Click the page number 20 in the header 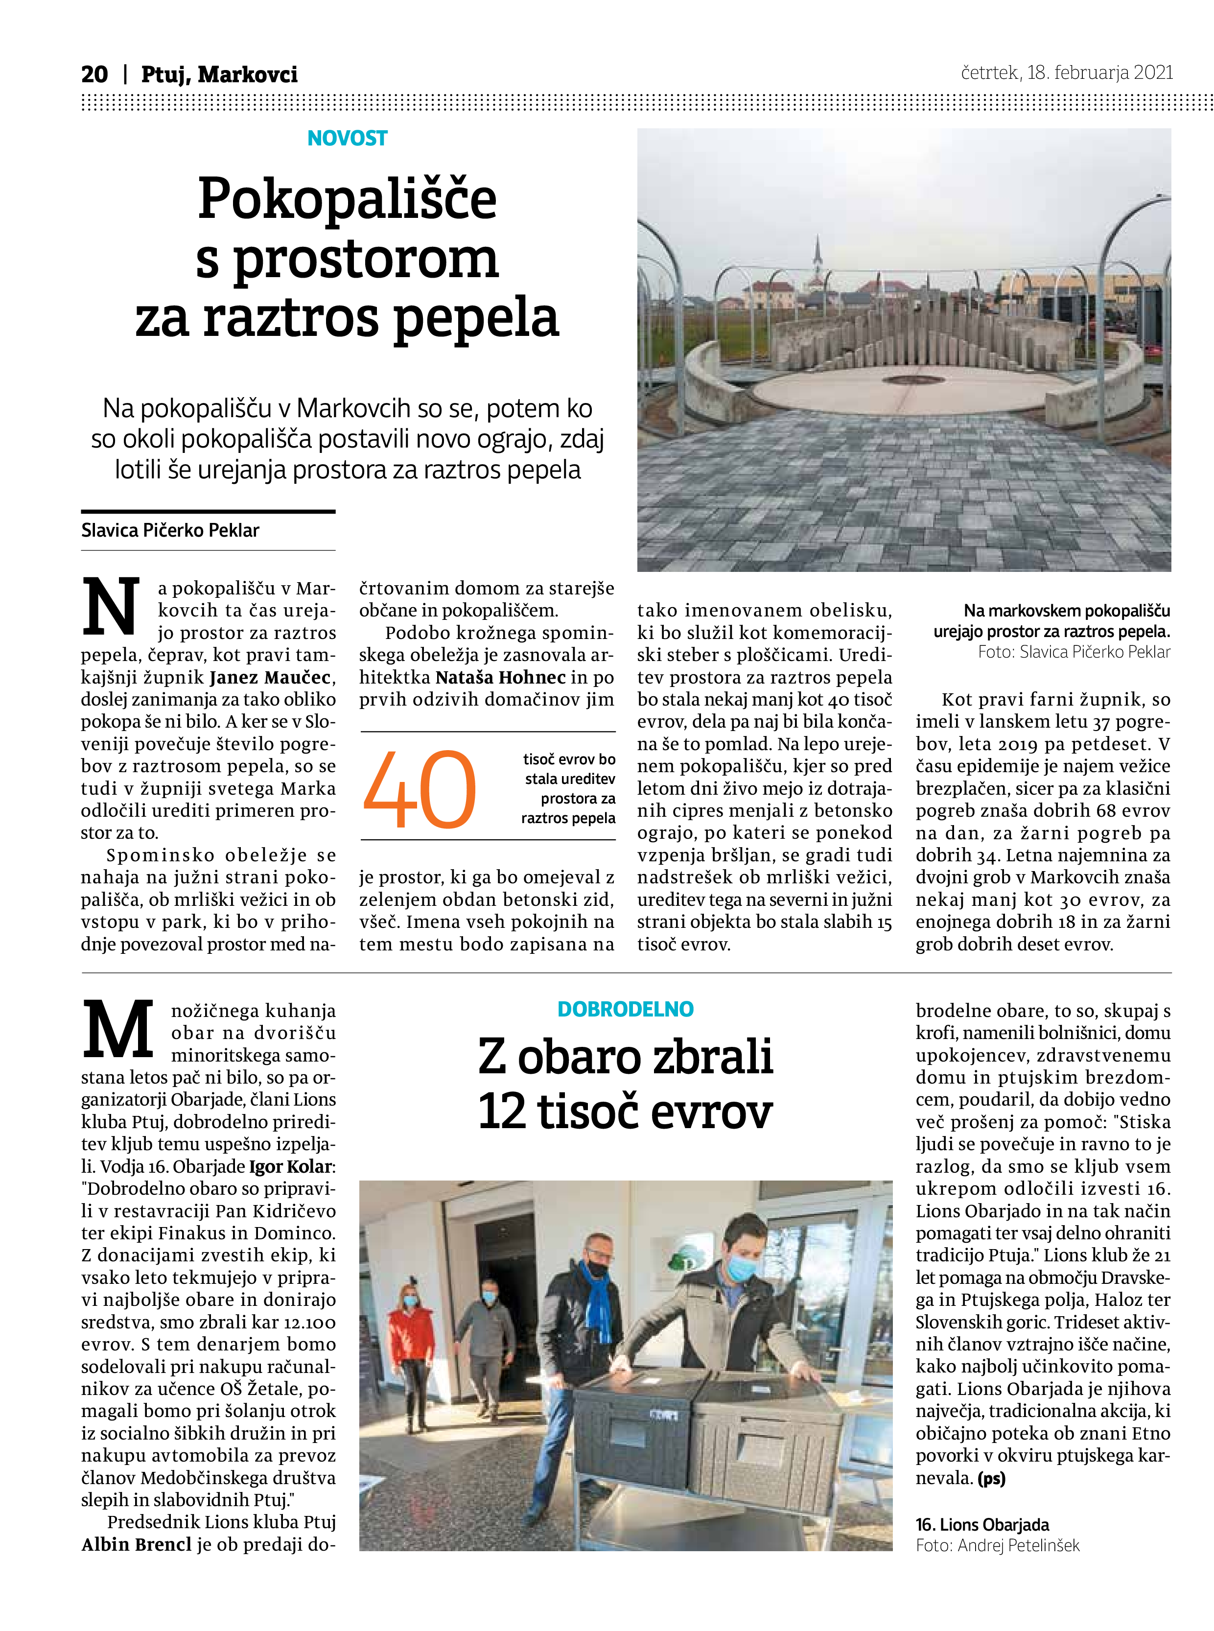[x=94, y=74]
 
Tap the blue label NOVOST [x=347, y=138]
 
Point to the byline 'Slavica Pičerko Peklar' [x=170, y=530]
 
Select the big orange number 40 [x=420, y=789]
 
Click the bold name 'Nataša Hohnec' [x=500, y=677]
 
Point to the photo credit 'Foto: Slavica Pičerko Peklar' [x=1074, y=652]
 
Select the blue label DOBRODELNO [x=626, y=1009]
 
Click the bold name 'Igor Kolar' [x=291, y=1166]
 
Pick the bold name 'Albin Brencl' [x=136, y=1544]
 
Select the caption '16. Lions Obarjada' [x=982, y=1524]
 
